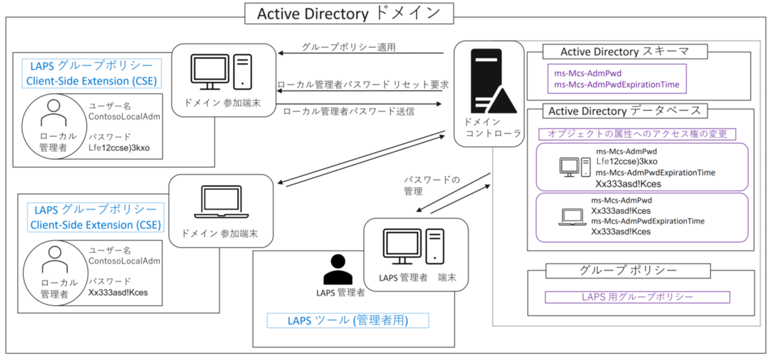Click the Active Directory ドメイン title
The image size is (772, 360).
[349, 13]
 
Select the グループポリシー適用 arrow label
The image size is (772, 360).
[348, 47]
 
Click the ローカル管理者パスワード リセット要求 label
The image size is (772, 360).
[362, 84]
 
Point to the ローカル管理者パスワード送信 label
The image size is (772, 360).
[349, 111]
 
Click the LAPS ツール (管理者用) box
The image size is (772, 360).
[347, 321]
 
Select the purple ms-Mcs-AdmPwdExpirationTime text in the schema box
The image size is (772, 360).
[616, 85]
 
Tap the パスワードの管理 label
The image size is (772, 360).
[423, 185]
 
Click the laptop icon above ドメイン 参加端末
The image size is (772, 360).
[220, 201]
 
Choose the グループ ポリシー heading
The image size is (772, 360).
[628, 270]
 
